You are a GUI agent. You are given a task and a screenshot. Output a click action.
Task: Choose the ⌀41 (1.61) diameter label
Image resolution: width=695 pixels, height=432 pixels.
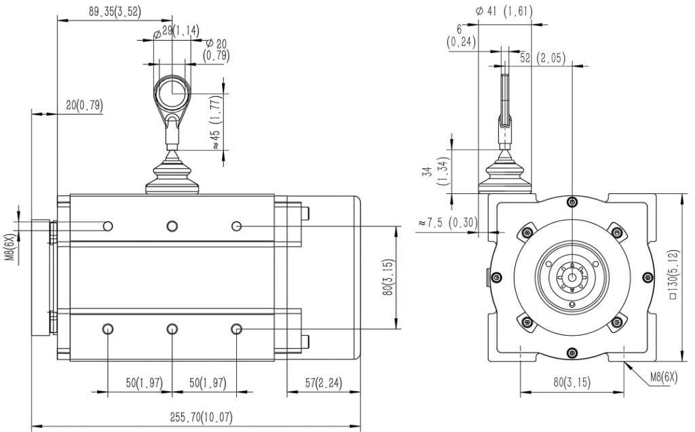click(504, 12)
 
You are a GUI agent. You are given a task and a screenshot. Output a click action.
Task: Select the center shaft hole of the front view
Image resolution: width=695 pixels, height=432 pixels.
click(572, 277)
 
